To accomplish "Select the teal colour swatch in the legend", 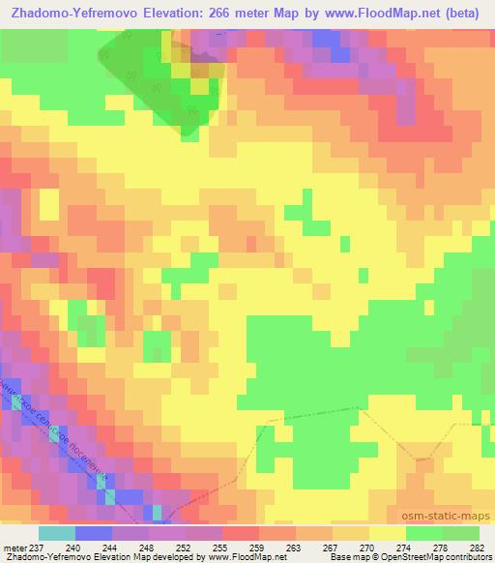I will coord(57,532).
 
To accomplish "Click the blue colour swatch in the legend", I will coord(94,532).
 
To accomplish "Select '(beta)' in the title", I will coord(468,11).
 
